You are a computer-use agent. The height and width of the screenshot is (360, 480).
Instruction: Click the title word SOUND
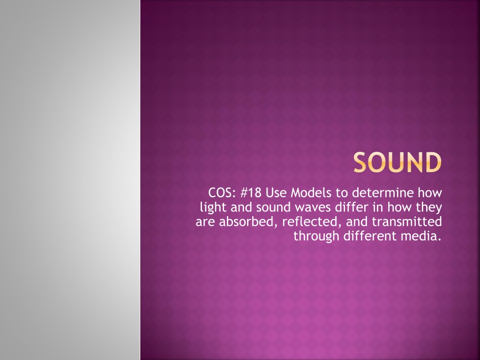click(397, 162)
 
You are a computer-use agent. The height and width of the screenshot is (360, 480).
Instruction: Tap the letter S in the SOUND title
click(360, 162)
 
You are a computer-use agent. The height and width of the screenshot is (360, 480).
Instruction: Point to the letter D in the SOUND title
click(433, 162)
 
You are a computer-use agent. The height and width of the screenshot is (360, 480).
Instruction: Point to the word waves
click(313, 208)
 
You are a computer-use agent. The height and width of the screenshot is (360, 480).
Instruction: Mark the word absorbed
click(248, 222)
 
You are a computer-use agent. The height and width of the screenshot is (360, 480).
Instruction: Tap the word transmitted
click(407, 222)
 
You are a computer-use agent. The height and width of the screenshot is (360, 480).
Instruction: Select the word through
click(316, 237)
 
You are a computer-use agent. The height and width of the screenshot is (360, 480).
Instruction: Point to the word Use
click(276, 193)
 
